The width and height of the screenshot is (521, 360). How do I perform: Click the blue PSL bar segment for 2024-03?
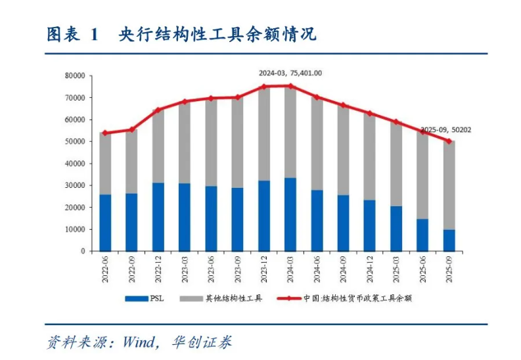pyautogui.click(x=290, y=214)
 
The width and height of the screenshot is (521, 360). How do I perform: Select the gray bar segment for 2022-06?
pyautogui.click(x=104, y=164)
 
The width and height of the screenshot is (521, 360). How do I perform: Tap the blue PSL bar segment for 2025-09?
pyautogui.click(x=449, y=240)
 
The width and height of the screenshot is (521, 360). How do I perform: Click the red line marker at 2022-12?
pyautogui.click(x=158, y=110)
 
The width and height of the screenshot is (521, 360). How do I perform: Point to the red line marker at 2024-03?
pyautogui.click(x=290, y=86)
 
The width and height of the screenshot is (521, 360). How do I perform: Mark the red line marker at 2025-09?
pyautogui.click(x=449, y=141)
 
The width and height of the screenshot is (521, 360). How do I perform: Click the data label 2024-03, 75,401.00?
pyautogui.click(x=290, y=73)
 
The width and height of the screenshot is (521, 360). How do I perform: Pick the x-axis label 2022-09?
pyautogui.click(x=131, y=270)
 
